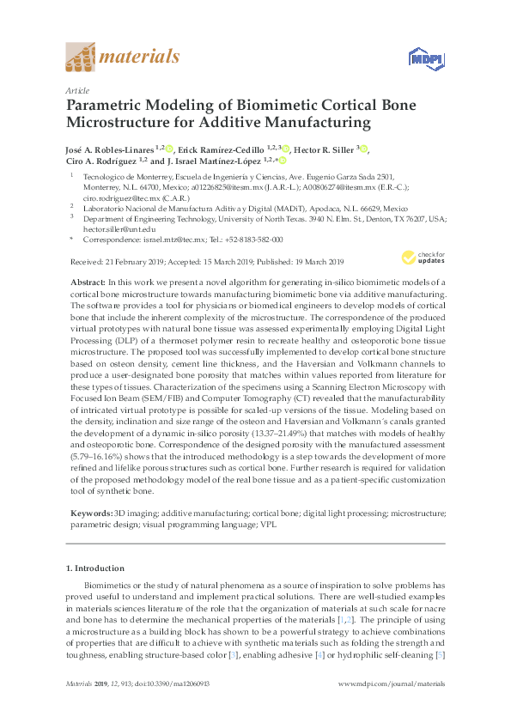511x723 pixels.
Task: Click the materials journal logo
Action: [123, 58]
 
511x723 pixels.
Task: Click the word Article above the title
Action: [76, 89]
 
